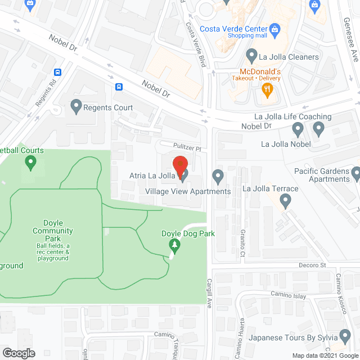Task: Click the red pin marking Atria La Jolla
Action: pos(179,165)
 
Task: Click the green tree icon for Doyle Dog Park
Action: pos(175,245)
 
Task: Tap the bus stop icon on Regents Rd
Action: pos(57,72)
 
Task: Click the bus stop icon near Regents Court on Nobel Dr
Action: pos(119,87)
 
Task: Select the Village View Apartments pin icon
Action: pos(218,177)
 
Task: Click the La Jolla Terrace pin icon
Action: pos(286,200)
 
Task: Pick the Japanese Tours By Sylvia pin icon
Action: pos(345,337)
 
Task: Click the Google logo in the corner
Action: pos(18,353)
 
